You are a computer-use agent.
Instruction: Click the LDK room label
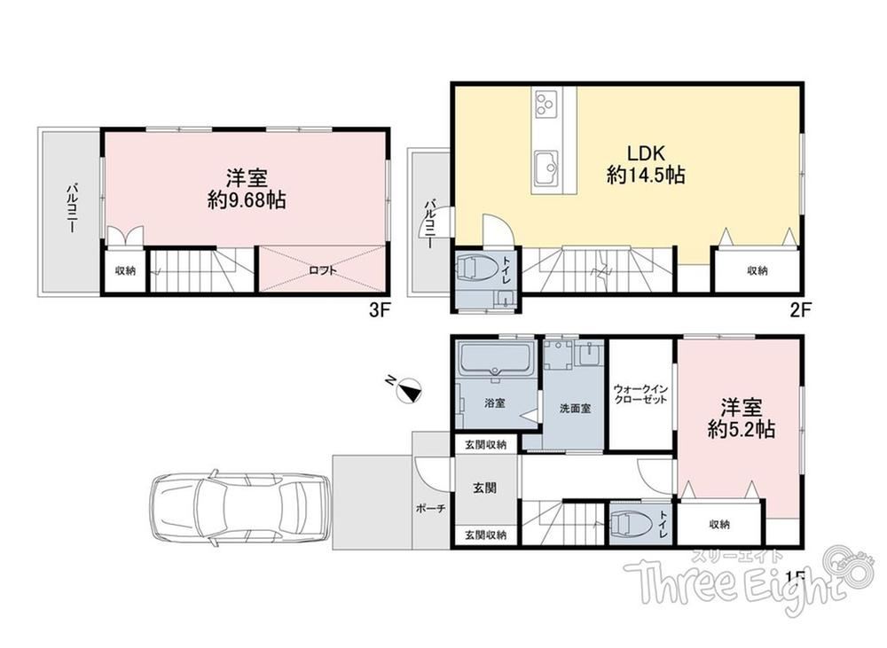645,154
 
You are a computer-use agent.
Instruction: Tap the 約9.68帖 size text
246,200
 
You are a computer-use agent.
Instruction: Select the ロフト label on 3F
323,271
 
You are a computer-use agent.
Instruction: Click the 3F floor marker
381,310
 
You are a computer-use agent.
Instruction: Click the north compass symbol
407,389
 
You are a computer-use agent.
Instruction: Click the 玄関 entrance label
485,488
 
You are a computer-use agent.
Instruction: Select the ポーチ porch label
430,509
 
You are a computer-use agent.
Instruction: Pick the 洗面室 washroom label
575,409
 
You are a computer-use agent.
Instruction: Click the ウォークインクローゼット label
641,394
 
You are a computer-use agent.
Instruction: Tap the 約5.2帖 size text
741,430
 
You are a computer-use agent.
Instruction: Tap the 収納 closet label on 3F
126,271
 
